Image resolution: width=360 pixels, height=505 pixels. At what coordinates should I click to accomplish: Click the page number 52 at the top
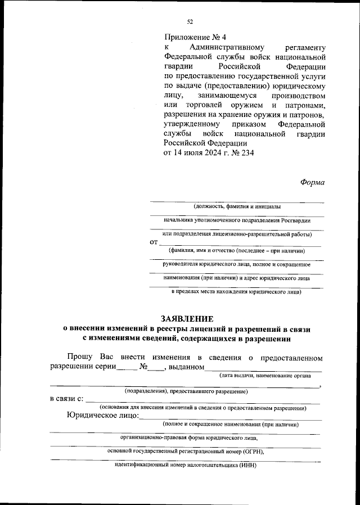pyautogui.click(x=190, y=21)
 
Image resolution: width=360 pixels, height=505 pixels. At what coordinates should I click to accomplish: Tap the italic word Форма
pyautogui.click(x=312, y=182)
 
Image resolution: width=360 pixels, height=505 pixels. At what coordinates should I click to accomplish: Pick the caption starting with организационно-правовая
pyautogui.click(x=189, y=436)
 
